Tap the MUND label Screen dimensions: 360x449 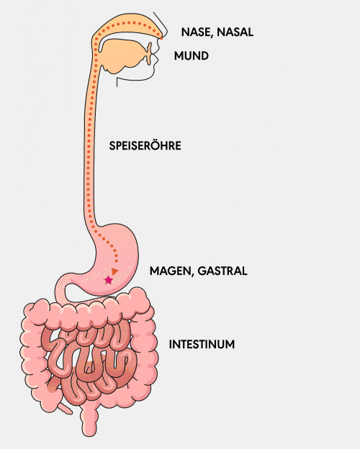[192, 55]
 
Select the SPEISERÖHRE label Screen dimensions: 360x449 [145, 145]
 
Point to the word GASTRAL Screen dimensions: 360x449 [222, 271]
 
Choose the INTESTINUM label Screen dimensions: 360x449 [202, 344]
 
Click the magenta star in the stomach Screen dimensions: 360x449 [108, 280]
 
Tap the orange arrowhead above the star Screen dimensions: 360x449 [115, 271]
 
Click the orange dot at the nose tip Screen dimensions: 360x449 [161, 38]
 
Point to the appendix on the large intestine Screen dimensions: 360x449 [66, 409]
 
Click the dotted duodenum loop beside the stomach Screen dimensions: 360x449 [62, 289]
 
